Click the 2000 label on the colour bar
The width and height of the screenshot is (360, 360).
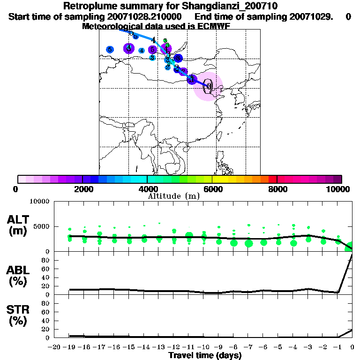82,189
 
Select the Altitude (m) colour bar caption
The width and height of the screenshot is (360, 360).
173,196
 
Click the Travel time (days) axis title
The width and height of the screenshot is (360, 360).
205,356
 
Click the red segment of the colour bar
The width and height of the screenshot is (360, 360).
272,179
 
